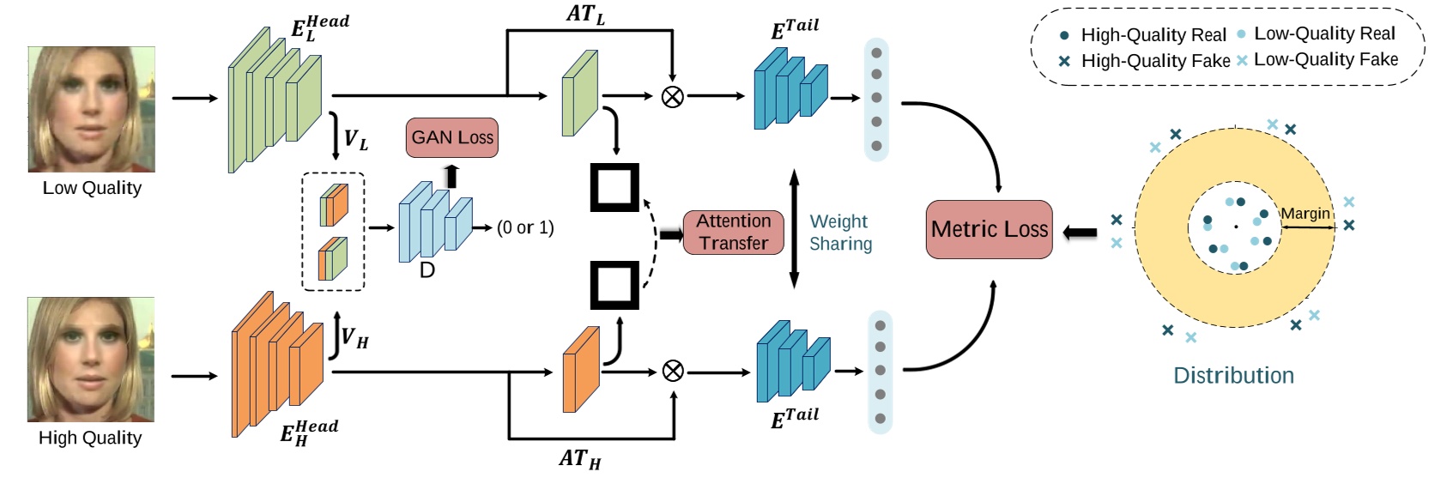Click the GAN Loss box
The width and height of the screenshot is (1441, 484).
pyautogui.click(x=451, y=137)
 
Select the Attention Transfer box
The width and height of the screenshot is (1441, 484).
pyautogui.click(x=733, y=233)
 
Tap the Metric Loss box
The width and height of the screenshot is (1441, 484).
pyautogui.click(x=989, y=229)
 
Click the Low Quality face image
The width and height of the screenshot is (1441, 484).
pyautogui.click(x=92, y=109)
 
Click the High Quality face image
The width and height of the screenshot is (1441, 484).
pyautogui.click(x=91, y=359)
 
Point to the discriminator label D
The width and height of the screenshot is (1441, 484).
pyautogui.click(x=427, y=270)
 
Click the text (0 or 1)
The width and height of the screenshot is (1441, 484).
pyautogui.click(x=525, y=227)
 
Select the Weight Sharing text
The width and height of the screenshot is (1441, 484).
pyautogui.click(x=840, y=233)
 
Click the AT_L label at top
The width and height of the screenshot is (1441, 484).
pyautogui.click(x=585, y=15)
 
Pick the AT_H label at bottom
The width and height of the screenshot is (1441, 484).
pyautogui.click(x=580, y=459)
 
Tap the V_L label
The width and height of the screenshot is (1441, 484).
pyautogui.click(x=355, y=139)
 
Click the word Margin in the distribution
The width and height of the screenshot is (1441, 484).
pyautogui.click(x=1305, y=213)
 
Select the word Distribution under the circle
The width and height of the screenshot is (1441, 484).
pyautogui.click(x=1233, y=376)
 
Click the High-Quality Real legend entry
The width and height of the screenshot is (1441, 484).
pyautogui.click(x=1144, y=35)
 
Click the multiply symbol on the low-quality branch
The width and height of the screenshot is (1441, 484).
pyautogui.click(x=673, y=97)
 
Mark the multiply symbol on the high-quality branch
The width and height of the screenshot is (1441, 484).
pyautogui.click(x=673, y=371)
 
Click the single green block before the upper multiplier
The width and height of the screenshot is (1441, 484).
pyautogui.click(x=579, y=94)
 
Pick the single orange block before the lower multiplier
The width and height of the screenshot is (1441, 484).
pyautogui.click(x=580, y=369)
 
